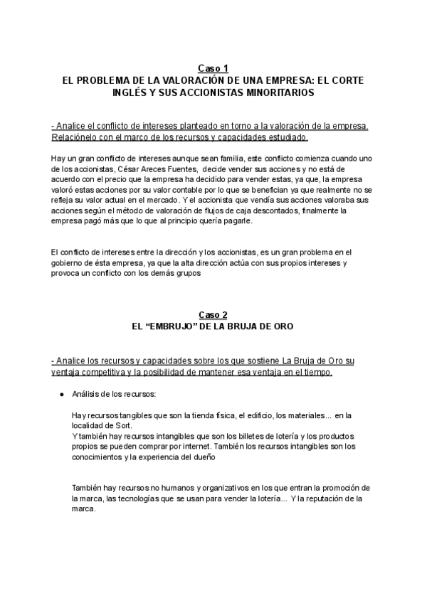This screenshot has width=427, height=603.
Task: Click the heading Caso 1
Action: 213,68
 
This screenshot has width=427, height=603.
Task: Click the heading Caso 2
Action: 213,314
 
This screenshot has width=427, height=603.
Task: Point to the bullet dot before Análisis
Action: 62,393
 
